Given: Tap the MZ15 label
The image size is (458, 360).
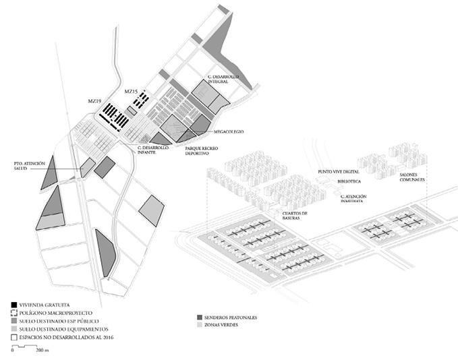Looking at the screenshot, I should pos(131,91).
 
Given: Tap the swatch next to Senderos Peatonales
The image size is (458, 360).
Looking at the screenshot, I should pos(198,317).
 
